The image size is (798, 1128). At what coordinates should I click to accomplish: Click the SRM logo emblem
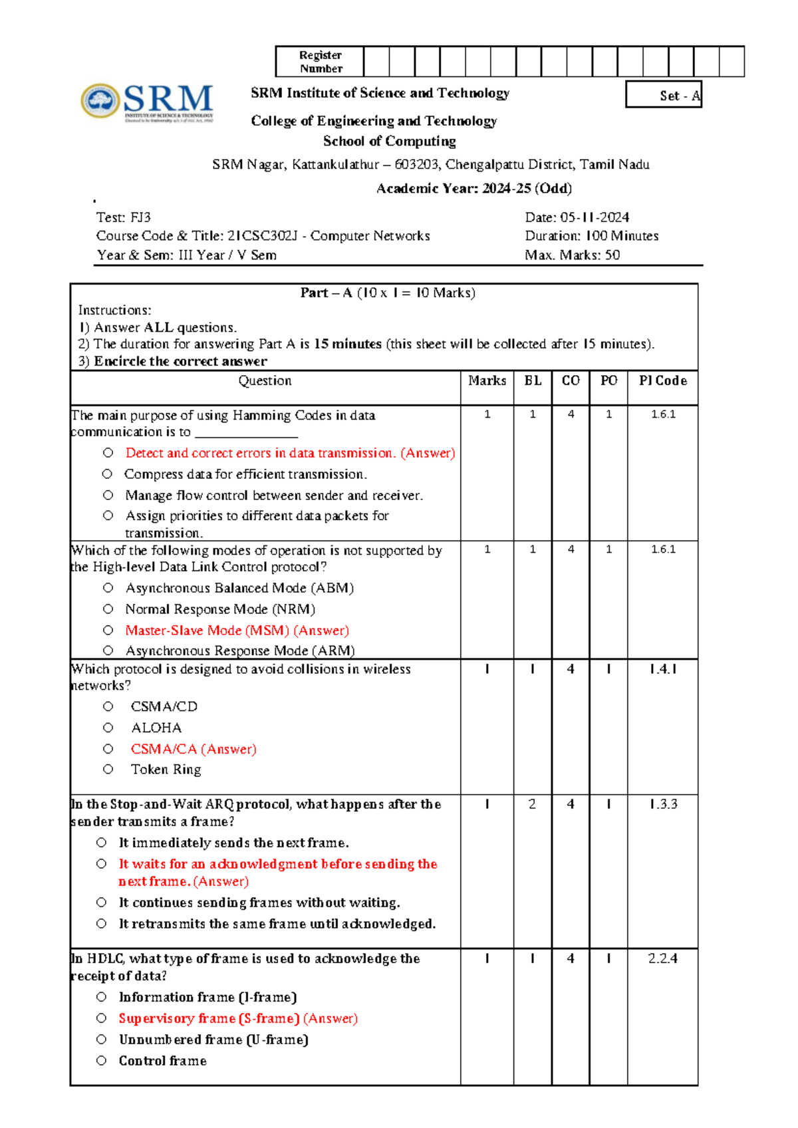point(100,101)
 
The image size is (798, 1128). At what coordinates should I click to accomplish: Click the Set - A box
point(664,95)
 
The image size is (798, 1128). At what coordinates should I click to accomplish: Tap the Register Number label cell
point(320,62)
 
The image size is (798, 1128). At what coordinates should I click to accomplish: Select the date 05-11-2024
point(595,217)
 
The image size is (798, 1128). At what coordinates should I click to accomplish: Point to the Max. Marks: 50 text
point(572,255)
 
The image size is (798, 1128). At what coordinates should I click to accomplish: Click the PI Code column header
point(662,381)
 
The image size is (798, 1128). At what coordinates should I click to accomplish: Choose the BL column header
point(533,381)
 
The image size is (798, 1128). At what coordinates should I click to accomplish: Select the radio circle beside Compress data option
point(108,474)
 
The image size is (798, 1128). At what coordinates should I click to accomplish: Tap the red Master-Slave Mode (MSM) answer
point(207,631)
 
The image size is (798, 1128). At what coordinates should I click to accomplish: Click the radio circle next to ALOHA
point(108,728)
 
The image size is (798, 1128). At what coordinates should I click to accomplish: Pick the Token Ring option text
point(166,770)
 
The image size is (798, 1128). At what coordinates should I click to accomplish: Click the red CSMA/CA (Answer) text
point(194,749)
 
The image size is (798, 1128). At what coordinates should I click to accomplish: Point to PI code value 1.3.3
point(663,804)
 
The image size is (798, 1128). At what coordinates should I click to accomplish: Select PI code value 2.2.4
point(662,958)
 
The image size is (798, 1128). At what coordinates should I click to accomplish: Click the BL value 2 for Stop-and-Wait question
point(532,804)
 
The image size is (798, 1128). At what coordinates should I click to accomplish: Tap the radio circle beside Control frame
point(101,1061)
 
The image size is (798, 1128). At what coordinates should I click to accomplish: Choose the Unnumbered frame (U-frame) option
point(213,1040)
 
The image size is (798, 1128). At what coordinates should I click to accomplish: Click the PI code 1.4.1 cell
point(663,669)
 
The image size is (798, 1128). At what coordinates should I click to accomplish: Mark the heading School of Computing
point(390,141)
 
